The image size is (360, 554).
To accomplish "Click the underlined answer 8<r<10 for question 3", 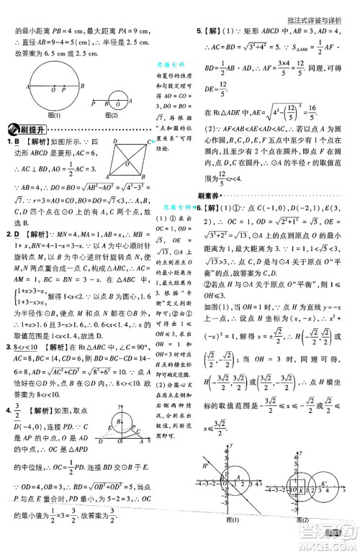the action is coord(26,348).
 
